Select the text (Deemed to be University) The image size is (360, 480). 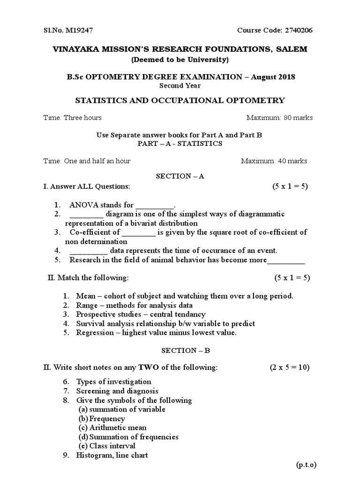(180, 60)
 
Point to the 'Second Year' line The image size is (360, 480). (180, 86)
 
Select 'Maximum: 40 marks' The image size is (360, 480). (274, 161)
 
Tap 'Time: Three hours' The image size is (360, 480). (72, 118)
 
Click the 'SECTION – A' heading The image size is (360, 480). (180, 176)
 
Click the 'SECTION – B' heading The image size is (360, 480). (180, 350)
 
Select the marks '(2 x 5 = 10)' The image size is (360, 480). (289, 367)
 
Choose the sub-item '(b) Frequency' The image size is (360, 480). (102, 419)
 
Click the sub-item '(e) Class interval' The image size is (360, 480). (107, 446)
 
